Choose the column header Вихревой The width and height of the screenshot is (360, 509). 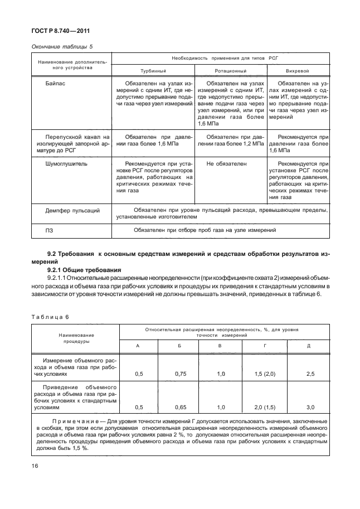tap(299, 71)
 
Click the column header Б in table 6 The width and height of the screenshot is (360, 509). tap(179, 346)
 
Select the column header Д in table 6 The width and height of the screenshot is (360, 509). tap(308, 346)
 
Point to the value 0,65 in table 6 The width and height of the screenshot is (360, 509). tap(179, 407)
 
